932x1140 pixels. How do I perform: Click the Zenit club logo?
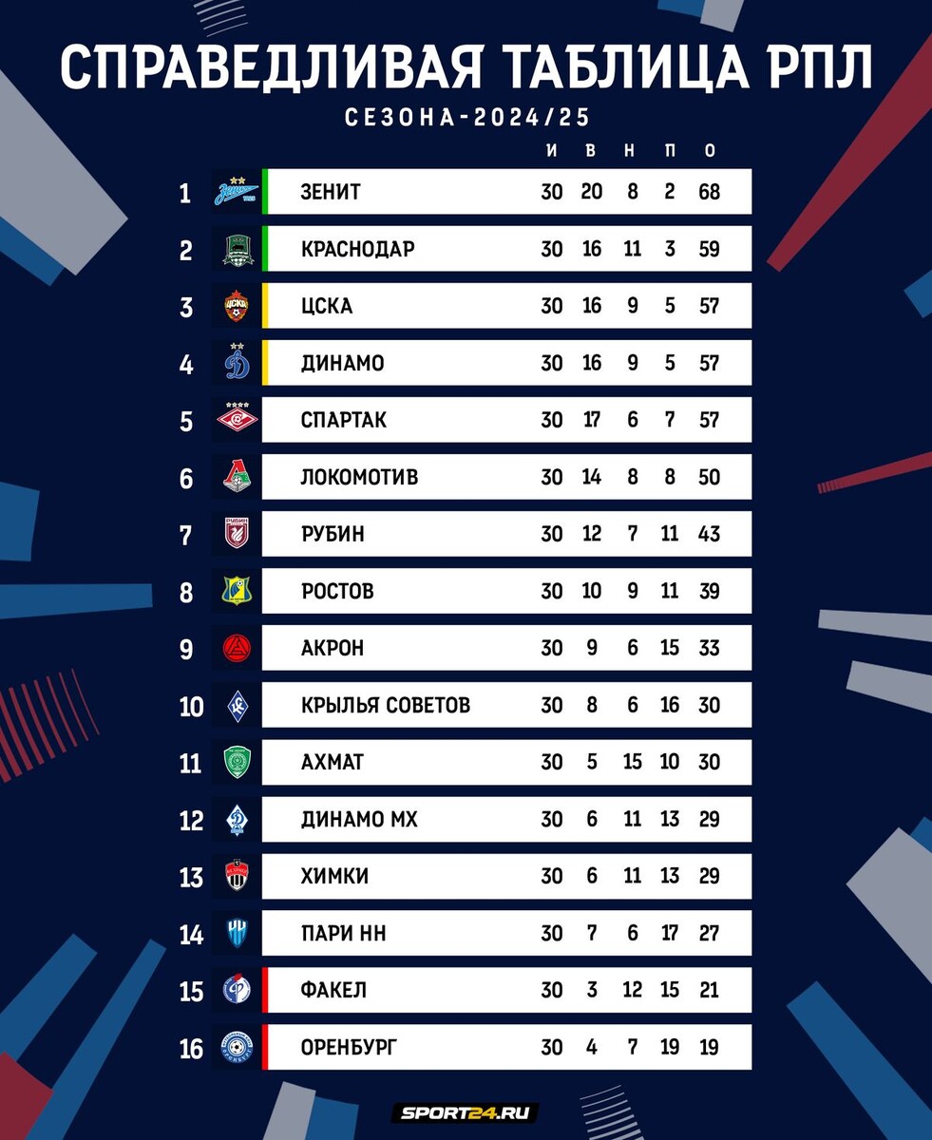coord(235,192)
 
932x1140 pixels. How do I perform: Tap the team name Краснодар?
coord(357,249)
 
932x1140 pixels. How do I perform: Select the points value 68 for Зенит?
coord(709,192)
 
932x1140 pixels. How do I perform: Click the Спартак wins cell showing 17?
coord(592,420)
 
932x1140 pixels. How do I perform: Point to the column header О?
coord(709,151)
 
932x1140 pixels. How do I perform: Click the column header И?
coord(552,151)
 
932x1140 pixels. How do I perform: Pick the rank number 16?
coord(191,1048)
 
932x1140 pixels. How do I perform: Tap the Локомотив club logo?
coord(235,477)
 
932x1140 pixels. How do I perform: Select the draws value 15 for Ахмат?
coord(632,762)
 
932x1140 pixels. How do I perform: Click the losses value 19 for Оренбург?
coord(670,1047)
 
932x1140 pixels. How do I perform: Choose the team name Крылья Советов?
coord(385,705)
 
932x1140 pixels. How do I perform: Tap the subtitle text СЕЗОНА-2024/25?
coord(466,118)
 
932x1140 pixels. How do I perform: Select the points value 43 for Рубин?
coord(709,534)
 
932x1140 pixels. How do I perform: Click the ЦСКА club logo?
coord(235,306)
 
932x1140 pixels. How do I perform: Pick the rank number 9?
coord(185,649)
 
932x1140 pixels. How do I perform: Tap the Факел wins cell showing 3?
coord(592,990)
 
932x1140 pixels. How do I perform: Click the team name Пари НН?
coord(343,933)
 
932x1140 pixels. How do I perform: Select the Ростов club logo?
coord(235,591)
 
